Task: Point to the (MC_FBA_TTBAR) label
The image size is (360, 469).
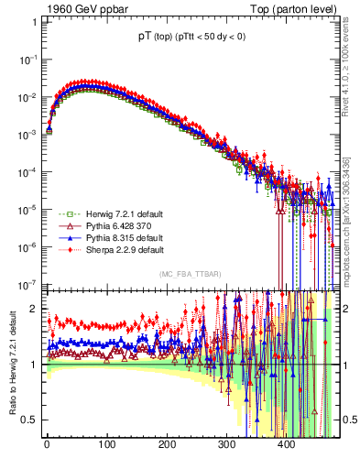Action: [187, 274]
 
